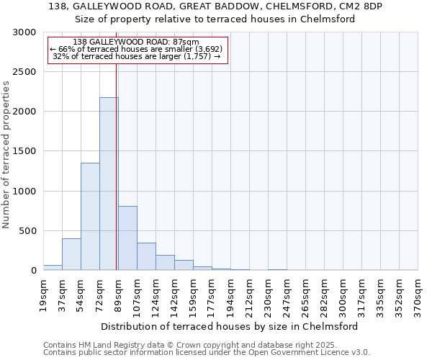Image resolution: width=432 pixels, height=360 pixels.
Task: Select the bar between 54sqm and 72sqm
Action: [90, 216]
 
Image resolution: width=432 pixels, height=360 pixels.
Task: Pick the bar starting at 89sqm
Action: [127, 238]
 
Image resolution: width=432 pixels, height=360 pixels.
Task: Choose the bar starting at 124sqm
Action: [165, 263]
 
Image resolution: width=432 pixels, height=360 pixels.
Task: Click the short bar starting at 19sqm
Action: [53, 268]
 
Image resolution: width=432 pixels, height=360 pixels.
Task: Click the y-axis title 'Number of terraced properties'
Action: [6, 155]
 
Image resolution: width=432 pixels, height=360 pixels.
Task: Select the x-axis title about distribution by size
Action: [230, 326]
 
